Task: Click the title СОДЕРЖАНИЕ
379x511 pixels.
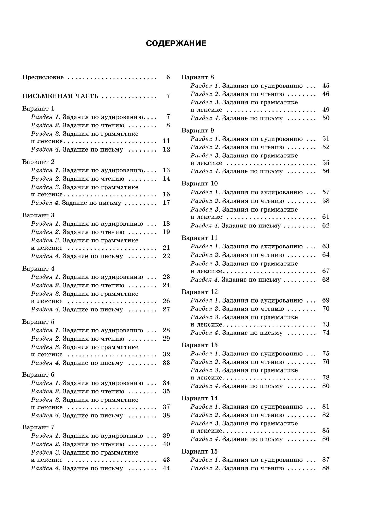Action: click(x=176, y=43)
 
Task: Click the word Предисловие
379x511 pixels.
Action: click(x=43, y=77)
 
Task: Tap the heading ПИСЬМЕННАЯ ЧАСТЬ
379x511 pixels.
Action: click(x=60, y=96)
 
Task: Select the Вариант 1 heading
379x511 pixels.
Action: click(x=38, y=108)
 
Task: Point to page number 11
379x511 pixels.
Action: click(x=166, y=141)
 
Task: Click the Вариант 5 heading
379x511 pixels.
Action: click(x=38, y=322)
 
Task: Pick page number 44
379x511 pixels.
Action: click(x=166, y=468)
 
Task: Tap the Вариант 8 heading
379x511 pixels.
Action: click(x=198, y=77)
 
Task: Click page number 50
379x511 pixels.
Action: click(x=326, y=118)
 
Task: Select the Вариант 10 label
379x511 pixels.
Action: click(x=200, y=183)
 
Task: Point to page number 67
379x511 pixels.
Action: click(x=326, y=271)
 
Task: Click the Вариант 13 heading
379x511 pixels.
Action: click(x=200, y=345)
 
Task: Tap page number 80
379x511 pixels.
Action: click(x=326, y=386)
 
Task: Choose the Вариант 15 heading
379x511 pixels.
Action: click(x=200, y=451)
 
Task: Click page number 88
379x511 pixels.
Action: click(x=326, y=468)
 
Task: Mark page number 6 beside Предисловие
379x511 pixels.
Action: click(x=168, y=77)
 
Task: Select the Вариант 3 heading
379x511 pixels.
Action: click(x=38, y=215)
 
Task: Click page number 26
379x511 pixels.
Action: click(x=166, y=301)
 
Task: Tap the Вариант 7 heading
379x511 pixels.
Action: click(x=38, y=427)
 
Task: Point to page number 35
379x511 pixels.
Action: click(x=166, y=391)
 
